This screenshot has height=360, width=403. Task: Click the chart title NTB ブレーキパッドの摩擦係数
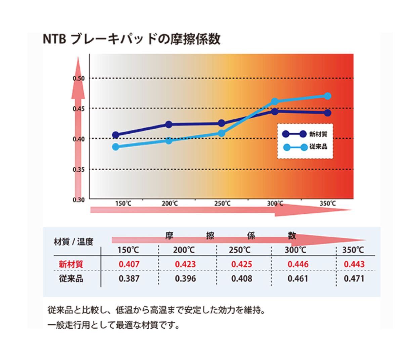132,39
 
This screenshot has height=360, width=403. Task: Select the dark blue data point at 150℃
116,135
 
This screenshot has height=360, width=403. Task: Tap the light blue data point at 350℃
327,96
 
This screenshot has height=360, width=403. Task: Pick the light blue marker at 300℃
274,101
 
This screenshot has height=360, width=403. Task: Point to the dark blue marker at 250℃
222,123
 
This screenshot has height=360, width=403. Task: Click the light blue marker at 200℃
169,140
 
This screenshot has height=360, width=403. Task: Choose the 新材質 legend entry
305,134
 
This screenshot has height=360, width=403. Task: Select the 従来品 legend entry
305,147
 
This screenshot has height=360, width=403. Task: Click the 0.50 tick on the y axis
79,78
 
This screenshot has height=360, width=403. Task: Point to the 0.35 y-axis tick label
79,169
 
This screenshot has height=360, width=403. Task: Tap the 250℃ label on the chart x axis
222,204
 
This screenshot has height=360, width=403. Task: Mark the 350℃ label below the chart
327,204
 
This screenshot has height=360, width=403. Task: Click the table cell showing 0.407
129,264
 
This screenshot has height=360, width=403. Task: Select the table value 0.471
354,279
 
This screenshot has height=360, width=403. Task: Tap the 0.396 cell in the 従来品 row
185,279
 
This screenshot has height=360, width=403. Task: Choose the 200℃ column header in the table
184,250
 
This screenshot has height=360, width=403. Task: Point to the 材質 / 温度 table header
74,242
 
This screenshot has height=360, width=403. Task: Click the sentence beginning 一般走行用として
114,325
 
